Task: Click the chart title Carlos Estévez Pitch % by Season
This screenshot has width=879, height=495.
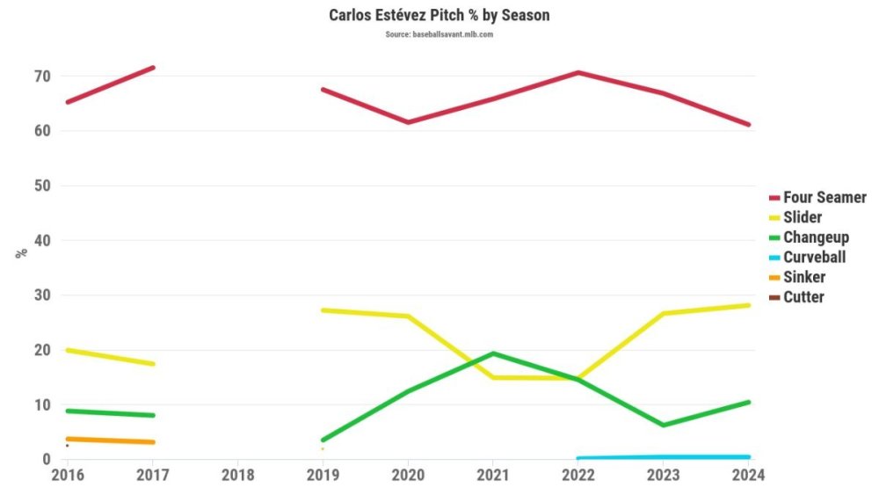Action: tap(439, 16)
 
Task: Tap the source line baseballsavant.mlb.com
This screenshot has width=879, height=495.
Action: tap(439, 34)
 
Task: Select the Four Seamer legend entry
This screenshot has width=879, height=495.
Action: tap(825, 198)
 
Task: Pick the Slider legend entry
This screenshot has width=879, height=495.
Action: tap(802, 217)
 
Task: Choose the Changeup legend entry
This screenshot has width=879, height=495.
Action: tap(816, 237)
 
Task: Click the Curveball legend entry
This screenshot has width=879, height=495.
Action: tap(814, 257)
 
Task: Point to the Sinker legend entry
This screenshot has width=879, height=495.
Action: tap(803, 277)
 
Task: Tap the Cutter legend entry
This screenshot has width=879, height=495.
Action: tap(803, 297)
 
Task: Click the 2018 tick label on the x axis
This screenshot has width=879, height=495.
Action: tap(237, 475)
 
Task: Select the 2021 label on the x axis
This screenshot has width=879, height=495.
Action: tap(492, 475)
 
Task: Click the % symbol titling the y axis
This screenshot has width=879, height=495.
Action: tap(21, 252)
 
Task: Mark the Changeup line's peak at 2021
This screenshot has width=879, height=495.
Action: tap(492, 353)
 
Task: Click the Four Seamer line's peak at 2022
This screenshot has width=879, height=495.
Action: tap(578, 72)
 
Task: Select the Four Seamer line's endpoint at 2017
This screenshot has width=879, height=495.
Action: tap(153, 68)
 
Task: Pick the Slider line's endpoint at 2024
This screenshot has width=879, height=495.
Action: tap(748, 305)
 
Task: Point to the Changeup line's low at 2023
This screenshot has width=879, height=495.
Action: tap(663, 425)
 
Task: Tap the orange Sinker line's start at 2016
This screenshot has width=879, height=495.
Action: tap(68, 439)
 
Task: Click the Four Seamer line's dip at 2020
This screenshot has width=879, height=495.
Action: tap(408, 122)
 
